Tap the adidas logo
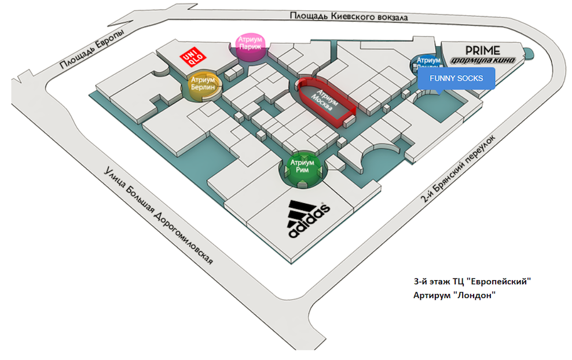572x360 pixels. tap(309, 219)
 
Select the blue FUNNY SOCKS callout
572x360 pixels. tap(456, 79)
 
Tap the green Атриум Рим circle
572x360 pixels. tap(303, 168)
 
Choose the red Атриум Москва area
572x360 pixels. tap(326, 101)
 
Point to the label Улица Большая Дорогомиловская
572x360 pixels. tap(157, 214)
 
